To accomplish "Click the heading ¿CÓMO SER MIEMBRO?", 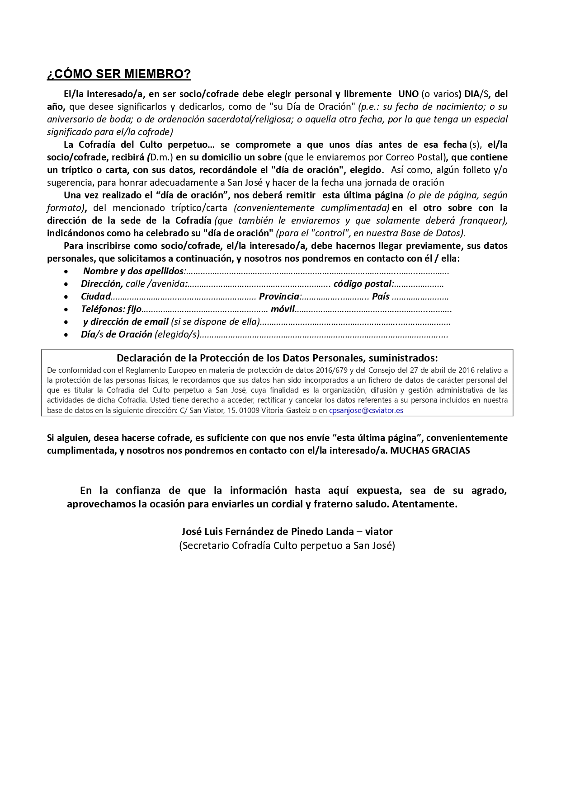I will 119,74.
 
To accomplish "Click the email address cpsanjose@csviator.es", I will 366,410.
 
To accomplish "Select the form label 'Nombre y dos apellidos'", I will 133,271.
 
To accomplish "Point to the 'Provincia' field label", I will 279,296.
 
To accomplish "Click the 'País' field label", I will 381,296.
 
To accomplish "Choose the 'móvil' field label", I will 283,309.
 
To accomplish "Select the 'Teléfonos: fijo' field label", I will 111,309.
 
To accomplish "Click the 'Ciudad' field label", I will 96,296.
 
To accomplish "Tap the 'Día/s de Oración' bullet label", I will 116,334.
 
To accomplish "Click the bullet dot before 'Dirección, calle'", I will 66,284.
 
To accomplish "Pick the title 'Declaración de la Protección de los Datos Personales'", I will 277,358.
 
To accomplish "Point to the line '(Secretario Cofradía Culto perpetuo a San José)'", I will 287,545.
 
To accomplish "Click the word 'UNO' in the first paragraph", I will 408,94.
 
